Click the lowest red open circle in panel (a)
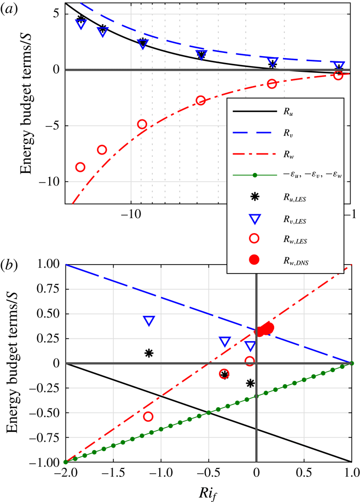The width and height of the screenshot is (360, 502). [80, 167]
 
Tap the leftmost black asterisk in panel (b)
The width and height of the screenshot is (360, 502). [149, 353]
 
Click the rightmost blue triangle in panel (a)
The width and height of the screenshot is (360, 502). [339, 66]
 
